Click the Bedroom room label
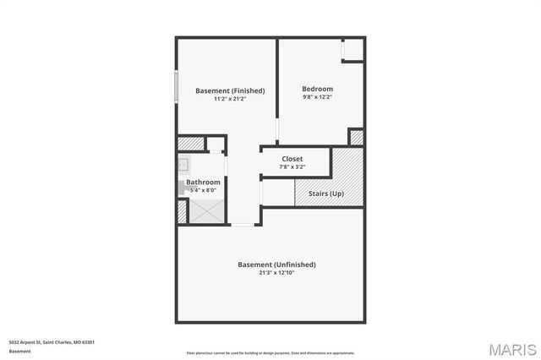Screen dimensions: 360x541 tap(317, 89)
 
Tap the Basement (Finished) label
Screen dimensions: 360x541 tap(230, 90)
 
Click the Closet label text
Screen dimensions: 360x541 tap(292, 159)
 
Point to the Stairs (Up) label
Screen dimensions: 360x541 tap(325, 194)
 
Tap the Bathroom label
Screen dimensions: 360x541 tap(204, 182)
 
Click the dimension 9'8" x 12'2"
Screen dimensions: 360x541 tap(317, 97)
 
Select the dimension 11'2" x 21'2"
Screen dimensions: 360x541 tap(230, 99)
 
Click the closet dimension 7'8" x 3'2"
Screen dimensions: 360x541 tap(292, 166)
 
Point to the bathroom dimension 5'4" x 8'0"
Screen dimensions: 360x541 tap(204, 190)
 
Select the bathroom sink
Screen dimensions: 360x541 tap(183, 165)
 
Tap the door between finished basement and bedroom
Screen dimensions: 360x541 tap(277, 132)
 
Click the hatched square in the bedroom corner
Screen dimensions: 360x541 tap(357, 137)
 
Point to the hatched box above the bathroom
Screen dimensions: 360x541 tap(191, 144)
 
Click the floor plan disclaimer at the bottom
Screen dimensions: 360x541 tap(270, 353)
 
